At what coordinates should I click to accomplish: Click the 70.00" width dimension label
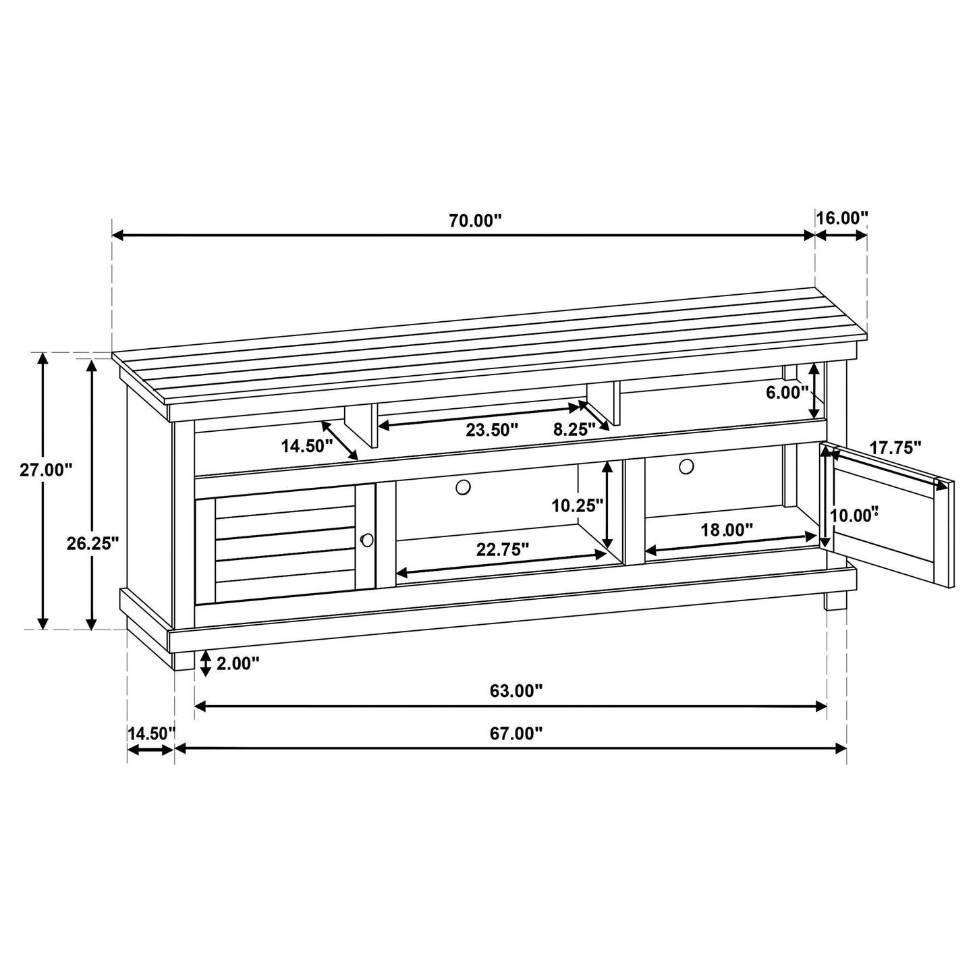point(476,220)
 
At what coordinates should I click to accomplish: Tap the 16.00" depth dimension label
point(841,218)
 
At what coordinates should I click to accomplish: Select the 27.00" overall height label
point(45,470)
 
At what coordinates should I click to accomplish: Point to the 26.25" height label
point(92,542)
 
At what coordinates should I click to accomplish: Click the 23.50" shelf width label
point(492,430)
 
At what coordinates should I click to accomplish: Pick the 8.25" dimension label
point(574,430)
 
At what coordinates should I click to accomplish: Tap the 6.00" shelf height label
point(787,393)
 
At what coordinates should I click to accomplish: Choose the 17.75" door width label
point(895,447)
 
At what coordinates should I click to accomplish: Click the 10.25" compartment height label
point(577,505)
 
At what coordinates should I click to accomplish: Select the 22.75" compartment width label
point(502,550)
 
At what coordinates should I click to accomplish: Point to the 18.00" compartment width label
point(727,530)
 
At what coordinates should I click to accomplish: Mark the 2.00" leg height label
point(238,664)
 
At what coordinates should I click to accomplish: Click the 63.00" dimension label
point(516,691)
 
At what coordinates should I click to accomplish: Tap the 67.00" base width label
point(516,733)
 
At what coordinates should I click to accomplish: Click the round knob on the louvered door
point(367,539)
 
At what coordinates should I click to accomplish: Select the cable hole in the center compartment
point(463,486)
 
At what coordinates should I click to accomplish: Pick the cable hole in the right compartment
point(686,466)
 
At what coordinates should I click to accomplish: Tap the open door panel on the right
point(891,520)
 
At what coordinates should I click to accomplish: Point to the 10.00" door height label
point(854,516)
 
